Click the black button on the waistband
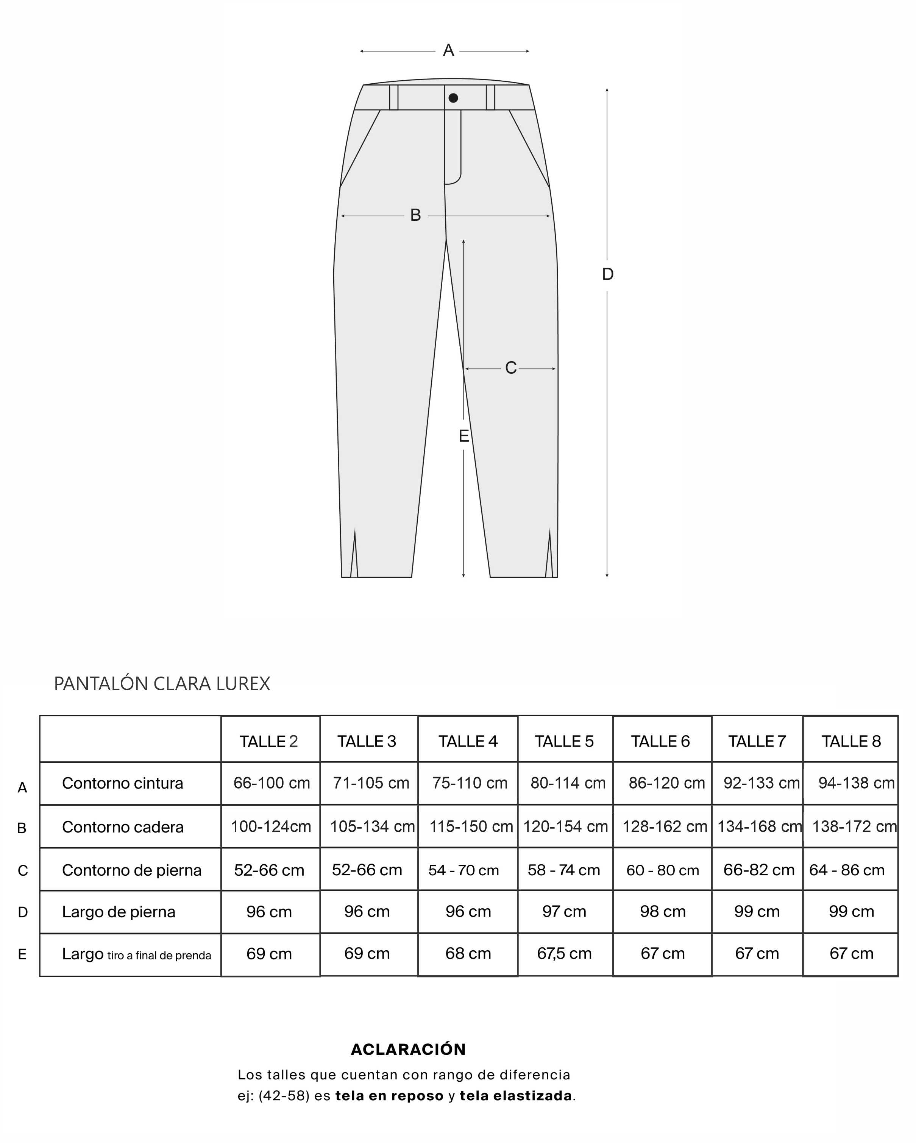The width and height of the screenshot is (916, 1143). [453, 98]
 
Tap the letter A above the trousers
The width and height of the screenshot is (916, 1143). [448, 50]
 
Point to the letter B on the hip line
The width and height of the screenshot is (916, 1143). [416, 215]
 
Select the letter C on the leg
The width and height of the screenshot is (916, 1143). [510, 368]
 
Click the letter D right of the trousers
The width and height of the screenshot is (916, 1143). [607, 274]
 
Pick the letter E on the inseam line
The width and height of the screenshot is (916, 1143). [464, 436]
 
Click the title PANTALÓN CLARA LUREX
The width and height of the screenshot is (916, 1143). [162, 684]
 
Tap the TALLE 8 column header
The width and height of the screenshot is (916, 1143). [851, 741]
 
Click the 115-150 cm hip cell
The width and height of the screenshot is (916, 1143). [471, 826]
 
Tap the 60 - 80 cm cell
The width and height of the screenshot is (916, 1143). [663, 870]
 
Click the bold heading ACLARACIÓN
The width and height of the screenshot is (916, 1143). [408, 1049]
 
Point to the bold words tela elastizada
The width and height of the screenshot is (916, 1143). [516, 1095]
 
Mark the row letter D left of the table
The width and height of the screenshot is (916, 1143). [22, 912]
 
